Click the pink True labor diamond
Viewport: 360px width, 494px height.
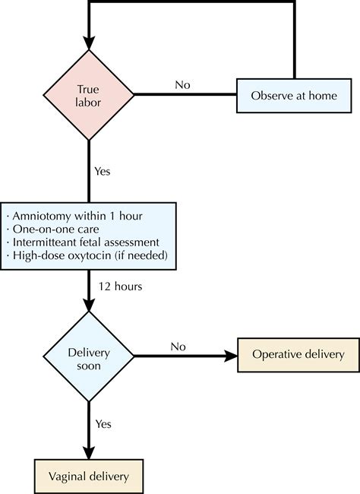pos(90,96)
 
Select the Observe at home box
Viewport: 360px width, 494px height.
pos(294,97)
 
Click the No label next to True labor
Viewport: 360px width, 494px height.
pos(182,84)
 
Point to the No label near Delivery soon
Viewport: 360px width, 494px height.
pos(178,347)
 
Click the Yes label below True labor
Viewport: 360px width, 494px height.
pos(103,171)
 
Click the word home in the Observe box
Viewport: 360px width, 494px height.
pos(331,97)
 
